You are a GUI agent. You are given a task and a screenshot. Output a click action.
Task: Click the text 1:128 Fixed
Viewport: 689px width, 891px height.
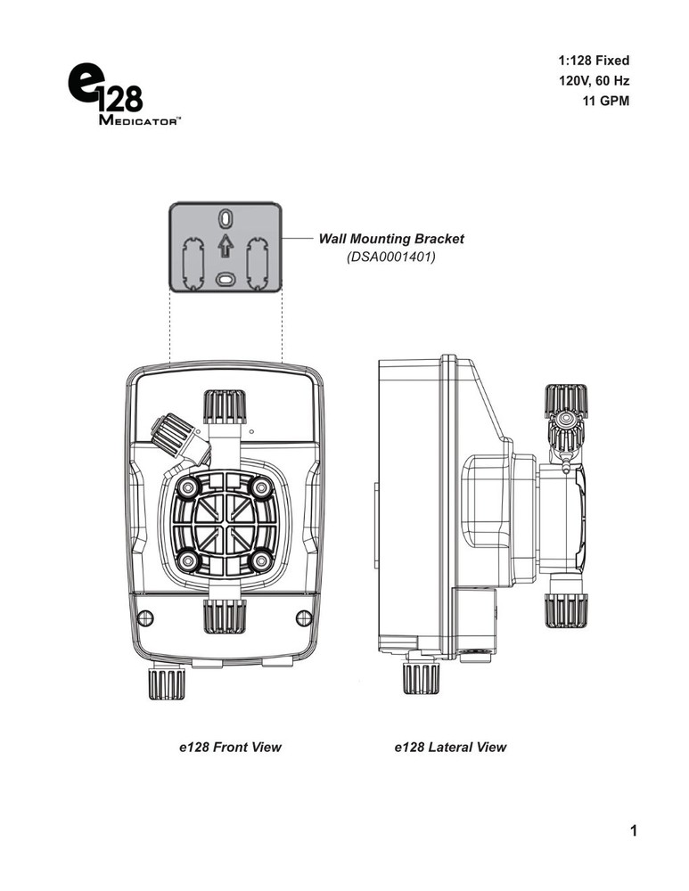[x=594, y=61]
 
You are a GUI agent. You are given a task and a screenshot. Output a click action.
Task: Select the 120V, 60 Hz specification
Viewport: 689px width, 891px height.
[x=593, y=81]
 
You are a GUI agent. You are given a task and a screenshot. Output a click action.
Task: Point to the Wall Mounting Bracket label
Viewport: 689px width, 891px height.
[x=391, y=239]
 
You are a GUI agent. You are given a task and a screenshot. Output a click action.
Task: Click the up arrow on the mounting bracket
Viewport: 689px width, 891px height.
[x=226, y=245]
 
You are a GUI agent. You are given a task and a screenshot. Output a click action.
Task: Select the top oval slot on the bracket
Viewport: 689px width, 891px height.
[x=226, y=218]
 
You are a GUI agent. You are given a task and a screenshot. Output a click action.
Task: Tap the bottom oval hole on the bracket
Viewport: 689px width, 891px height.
[x=226, y=278]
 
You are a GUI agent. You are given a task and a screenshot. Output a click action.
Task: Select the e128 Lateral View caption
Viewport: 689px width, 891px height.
[x=450, y=748]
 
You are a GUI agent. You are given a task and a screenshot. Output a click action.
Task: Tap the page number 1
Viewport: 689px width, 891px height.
[x=633, y=832]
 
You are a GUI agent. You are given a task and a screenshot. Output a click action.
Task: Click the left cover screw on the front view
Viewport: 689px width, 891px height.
[x=147, y=617]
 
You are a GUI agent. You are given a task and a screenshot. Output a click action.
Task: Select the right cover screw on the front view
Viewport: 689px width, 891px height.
[x=303, y=617]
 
